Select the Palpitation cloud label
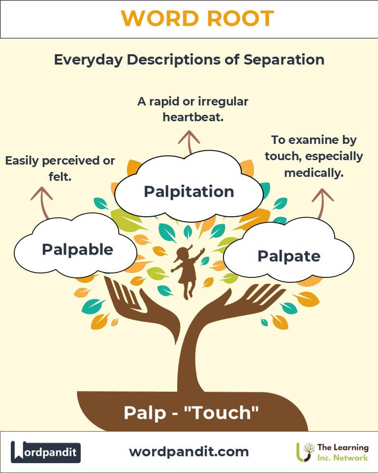click(x=189, y=192)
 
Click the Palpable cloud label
click(x=77, y=249)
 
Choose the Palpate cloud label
click(x=289, y=256)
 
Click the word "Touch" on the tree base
click(x=224, y=412)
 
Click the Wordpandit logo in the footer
click(x=46, y=452)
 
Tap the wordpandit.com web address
click(x=189, y=451)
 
